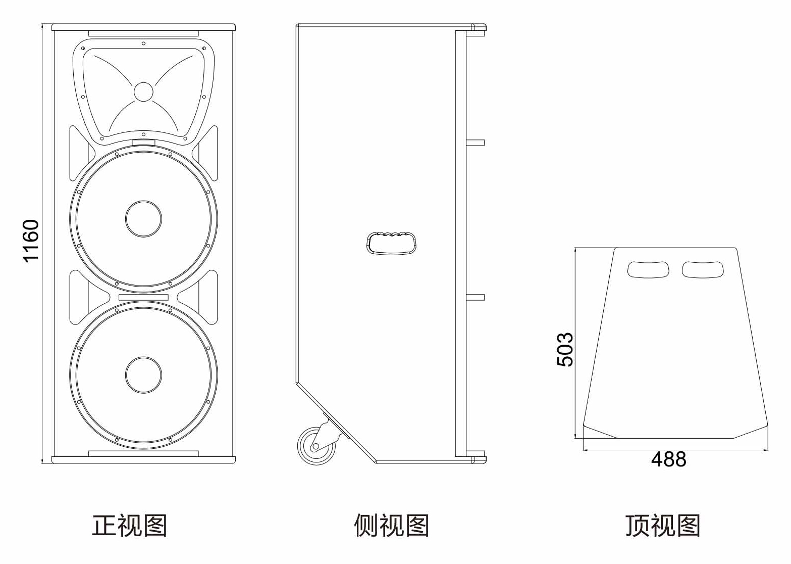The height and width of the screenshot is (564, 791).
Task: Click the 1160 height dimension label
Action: (31, 241)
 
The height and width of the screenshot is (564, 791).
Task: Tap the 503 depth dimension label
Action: (565, 349)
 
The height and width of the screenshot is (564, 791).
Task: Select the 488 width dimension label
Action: (668, 459)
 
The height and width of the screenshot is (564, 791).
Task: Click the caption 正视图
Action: (129, 526)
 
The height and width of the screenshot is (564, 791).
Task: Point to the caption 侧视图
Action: (391, 526)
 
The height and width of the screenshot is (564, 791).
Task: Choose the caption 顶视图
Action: (663, 526)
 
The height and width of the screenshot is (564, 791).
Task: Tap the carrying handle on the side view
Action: (392, 242)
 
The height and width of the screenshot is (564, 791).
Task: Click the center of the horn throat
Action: (143, 92)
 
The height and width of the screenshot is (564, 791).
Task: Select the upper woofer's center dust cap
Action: (143, 219)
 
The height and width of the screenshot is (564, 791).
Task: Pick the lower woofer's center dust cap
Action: (143, 374)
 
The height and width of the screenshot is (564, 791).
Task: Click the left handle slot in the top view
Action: (649, 269)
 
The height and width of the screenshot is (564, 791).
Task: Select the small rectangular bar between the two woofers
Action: (143, 297)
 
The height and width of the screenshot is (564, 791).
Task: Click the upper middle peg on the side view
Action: (475, 143)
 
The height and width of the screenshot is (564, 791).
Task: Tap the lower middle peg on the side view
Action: (475, 298)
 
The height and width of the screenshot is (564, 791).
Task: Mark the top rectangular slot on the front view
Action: (143, 34)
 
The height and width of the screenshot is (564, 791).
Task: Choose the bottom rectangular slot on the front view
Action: (143, 454)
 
